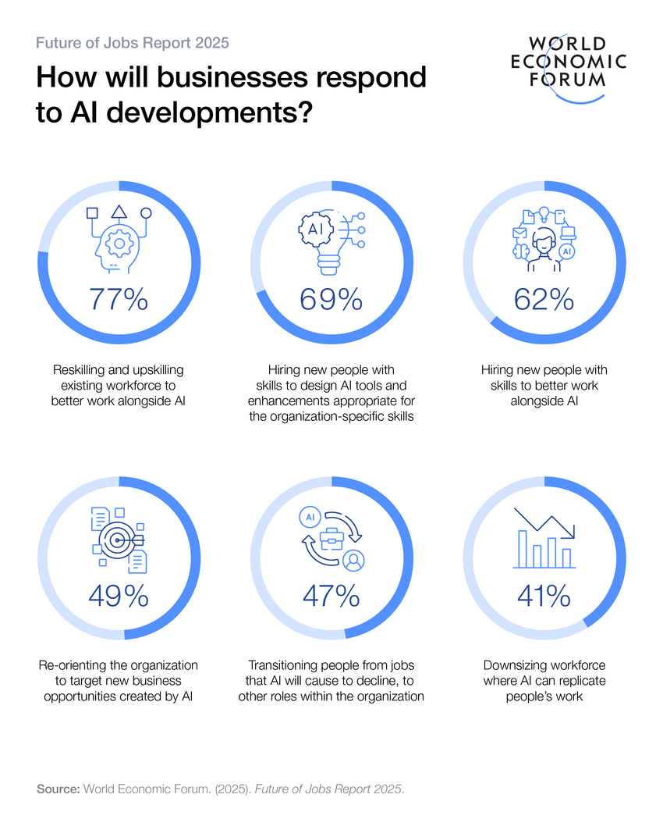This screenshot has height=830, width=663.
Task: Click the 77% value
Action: [x=118, y=299]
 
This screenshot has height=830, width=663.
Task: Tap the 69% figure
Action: [x=331, y=299]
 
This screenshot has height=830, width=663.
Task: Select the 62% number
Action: [x=544, y=299]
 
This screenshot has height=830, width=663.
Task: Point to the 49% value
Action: [x=118, y=597]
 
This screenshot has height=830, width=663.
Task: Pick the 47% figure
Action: [x=331, y=597]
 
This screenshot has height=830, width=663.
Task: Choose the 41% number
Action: [x=544, y=597]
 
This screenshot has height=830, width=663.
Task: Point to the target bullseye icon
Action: [x=119, y=539]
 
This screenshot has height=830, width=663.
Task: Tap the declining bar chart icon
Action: [x=544, y=539]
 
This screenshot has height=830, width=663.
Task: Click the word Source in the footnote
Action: [x=58, y=789]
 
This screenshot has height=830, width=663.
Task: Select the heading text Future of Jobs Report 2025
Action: [x=133, y=42]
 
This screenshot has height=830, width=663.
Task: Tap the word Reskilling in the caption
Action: [x=80, y=369]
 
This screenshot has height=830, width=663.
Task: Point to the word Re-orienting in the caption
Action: [x=74, y=665]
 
